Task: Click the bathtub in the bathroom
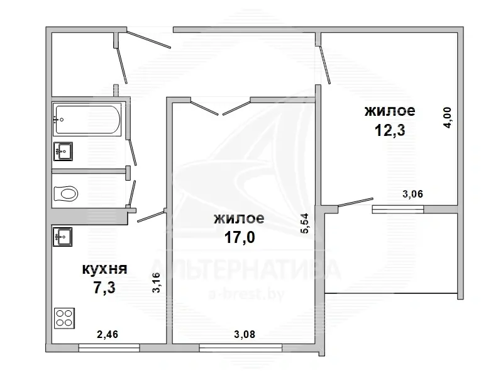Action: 87,120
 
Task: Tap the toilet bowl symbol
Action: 66,194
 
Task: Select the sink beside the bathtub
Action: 64,151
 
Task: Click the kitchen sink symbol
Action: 62,237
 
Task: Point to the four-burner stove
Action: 65,318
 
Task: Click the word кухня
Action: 105,269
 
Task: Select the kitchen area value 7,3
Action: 104,287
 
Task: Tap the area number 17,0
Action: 240,238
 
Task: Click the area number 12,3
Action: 390,130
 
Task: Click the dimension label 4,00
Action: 447,118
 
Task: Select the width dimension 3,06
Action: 413,194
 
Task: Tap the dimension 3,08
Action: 245,335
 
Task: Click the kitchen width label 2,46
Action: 108,335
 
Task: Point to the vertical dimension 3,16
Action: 156,283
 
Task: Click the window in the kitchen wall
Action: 109,348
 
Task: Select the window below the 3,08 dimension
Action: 241,348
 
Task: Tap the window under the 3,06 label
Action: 398,210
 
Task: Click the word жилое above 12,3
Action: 390,111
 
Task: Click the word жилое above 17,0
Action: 240,218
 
